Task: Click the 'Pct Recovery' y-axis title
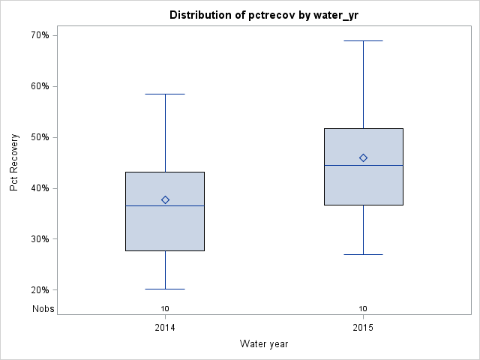[14, 163]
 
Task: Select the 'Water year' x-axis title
[264, 344]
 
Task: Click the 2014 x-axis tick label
[165, 328]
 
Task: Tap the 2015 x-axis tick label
[363, 328]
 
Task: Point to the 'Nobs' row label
[43, 308]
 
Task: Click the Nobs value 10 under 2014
[165, 308]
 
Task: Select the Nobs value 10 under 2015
[363, 308]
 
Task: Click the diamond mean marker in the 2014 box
[165, 199]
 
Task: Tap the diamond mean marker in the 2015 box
[363, 157]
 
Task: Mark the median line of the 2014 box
[142, 205]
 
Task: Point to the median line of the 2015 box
[341, 165]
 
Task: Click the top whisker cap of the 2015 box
[363, 40]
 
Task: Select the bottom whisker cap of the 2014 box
[165, 289]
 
